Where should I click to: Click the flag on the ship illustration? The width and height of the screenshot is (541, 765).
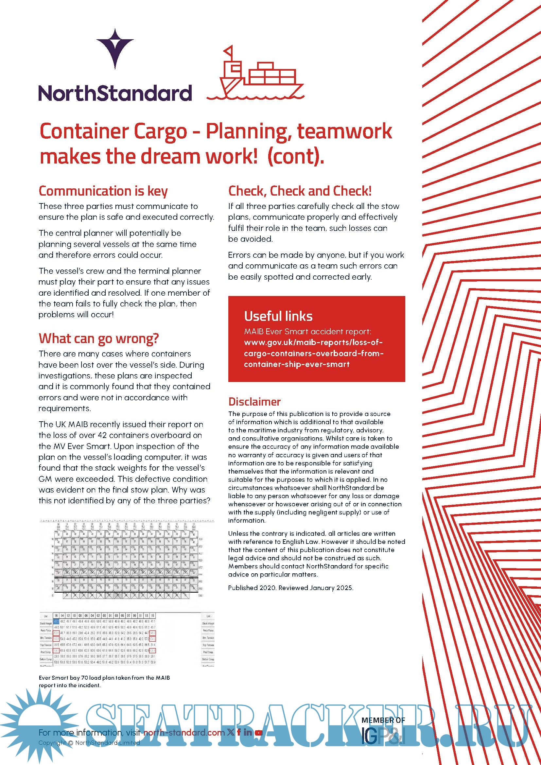point(229,52)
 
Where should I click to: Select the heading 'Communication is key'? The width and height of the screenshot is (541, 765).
point(103,191)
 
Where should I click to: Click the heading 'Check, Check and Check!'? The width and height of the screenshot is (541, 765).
point(300,191)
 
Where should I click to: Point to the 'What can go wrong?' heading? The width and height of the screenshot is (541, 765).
point(98,338)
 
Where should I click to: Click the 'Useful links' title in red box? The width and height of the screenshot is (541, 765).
point(278,316)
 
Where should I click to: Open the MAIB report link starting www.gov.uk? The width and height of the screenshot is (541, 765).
point(313,353)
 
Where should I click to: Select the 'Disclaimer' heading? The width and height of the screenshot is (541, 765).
point(254,402)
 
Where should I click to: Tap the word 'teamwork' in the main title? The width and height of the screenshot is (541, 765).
point(344,131)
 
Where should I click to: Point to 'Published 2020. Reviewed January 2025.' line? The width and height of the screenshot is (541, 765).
point(290,588)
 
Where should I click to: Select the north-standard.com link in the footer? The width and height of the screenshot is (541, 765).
point(184,733)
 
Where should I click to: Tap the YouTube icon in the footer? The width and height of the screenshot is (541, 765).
point(259,732)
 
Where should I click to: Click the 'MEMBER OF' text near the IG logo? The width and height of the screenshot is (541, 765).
point(383,720)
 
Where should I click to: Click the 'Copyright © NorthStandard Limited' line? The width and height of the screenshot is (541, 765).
point(89,743)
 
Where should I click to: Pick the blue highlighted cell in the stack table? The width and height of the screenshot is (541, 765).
point(56,621)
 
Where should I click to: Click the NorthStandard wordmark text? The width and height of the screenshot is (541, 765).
point(115,93)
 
